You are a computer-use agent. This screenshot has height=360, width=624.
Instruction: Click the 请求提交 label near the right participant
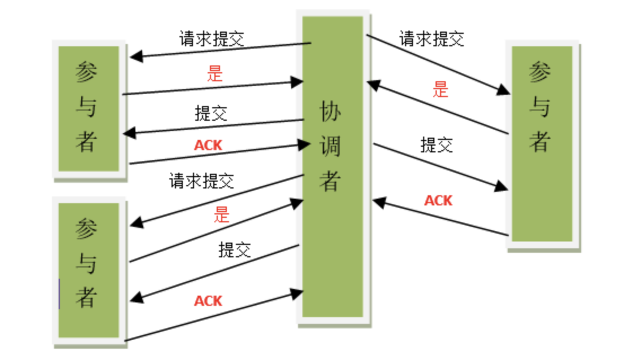[x=432, y=39]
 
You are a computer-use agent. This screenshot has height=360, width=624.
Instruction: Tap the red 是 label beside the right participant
[x=441, y=89]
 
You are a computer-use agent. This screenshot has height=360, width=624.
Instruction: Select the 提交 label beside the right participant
[x=437, y=145]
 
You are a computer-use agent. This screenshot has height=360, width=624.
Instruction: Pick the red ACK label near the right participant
[x=438, y=200]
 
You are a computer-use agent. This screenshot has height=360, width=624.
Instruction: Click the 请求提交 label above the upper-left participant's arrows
[x=212, y=39]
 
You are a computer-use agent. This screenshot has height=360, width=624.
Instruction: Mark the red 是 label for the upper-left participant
[x=215, y=73]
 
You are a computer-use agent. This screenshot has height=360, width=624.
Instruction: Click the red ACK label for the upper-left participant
[x=208, y=146]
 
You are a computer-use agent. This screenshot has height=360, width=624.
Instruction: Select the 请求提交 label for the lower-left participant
[x=201, y=181]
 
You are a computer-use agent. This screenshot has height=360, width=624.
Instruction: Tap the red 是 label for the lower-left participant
[x=222, y=214]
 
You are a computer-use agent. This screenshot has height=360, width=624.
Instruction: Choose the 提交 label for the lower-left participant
[x=235, y=249]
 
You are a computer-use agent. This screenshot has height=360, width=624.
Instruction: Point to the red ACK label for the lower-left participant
[x=208, y=301]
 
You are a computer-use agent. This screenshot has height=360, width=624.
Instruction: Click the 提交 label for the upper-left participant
[x=211, y=113]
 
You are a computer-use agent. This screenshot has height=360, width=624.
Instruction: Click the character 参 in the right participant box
[x=540, y=72]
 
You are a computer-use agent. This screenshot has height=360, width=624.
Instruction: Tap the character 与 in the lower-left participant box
[x=86, y=264]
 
